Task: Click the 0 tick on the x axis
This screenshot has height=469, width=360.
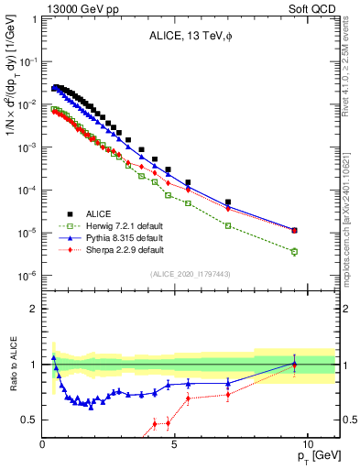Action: [x=43, y=443]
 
